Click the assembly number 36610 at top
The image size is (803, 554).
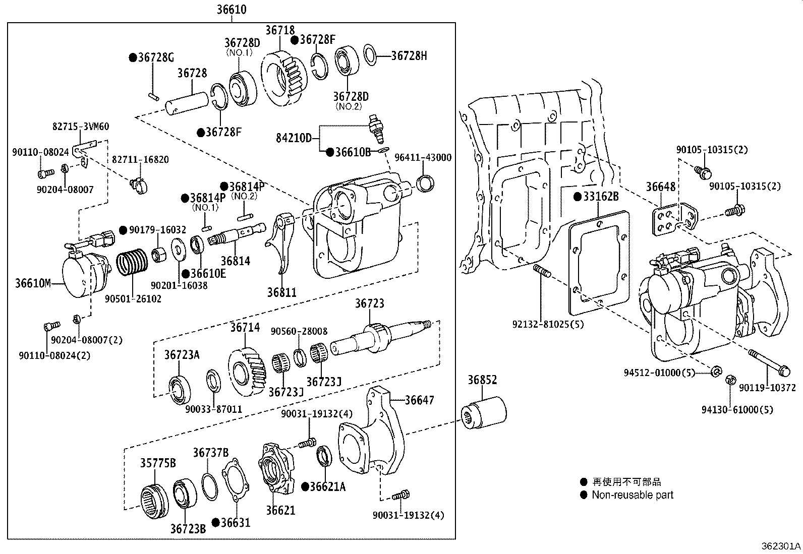[x=232, y=10]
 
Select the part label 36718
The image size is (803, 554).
[x=279, y=30]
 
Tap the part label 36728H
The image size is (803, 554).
[x=409, y=56]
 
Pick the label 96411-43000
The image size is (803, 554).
[x=422, y=158]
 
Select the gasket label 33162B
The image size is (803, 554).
[x=600, y=197]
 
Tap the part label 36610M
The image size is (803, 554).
[x=33, y=283]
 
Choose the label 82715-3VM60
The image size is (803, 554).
[x=81, y=127]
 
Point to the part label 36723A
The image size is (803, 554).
[x=182, y=355]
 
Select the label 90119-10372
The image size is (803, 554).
[x=767, y=388]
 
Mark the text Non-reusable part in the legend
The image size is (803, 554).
[x=633, y=495]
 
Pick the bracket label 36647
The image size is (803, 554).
[x=419, y=400]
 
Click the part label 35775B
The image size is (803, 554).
[x=157, y=463]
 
